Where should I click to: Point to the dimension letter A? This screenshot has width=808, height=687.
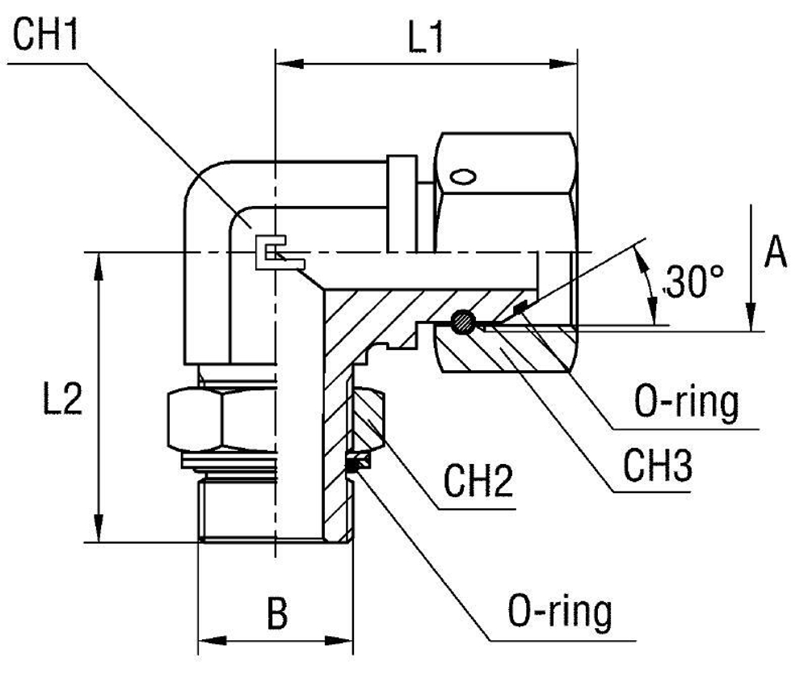point(775,253)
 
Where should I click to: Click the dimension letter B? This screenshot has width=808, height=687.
point(277,614)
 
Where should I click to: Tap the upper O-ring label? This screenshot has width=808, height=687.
point(686,405)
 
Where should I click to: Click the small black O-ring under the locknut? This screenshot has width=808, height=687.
point(354,462)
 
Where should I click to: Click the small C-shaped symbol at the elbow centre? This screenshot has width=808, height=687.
point(271,252)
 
